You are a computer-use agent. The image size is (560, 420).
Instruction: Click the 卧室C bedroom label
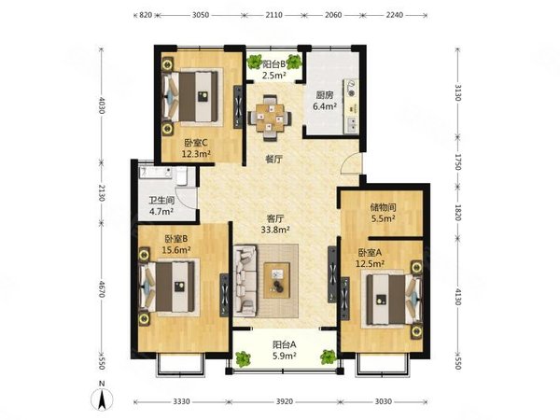click(x=196, y=143)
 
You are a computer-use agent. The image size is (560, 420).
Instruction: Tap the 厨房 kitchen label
click(x=325, y=95)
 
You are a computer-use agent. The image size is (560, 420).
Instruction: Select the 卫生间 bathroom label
click(x=161, y=201)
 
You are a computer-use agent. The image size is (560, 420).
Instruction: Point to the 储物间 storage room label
click(x=383, y=207)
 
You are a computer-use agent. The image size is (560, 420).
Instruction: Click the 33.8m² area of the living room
click(x=275, y=230)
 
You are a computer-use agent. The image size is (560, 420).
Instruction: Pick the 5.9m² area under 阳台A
click(x=285, y=356)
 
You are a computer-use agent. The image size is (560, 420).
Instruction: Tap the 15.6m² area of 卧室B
click(x=176, y=249)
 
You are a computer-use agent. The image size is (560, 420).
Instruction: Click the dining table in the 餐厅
click(x=270, y=118)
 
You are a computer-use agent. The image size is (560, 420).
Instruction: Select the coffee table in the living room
click(x=277, y=280)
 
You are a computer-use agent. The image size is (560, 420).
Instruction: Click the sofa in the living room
click(x=245, y=280)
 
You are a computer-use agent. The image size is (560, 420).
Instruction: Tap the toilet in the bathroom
click(x=181, y=176)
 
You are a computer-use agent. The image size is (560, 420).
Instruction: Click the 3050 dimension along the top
click(x=201, y=15)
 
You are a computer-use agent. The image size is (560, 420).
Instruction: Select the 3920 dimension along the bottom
click(x=285, y=401)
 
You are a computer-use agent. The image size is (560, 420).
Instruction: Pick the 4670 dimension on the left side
click(x=102, y=288)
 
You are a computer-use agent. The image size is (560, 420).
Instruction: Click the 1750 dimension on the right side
click(x=458, y=162)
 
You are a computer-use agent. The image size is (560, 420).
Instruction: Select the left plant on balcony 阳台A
click(x=243, y=358)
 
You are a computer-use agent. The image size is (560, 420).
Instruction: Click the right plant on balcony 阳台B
click(x=294, y=62)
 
